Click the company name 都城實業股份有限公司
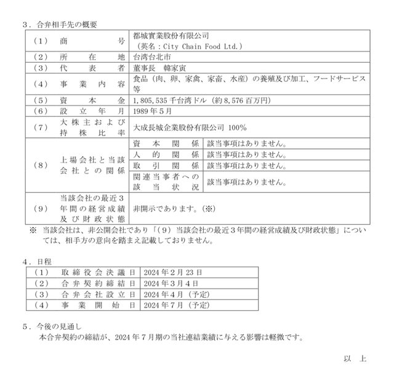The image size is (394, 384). (x=171, y=36)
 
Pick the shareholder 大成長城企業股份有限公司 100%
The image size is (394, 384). (x=189, y=127)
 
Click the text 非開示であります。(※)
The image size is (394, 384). (x=172, y=209)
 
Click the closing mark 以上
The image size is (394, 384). (x=355, y=359)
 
